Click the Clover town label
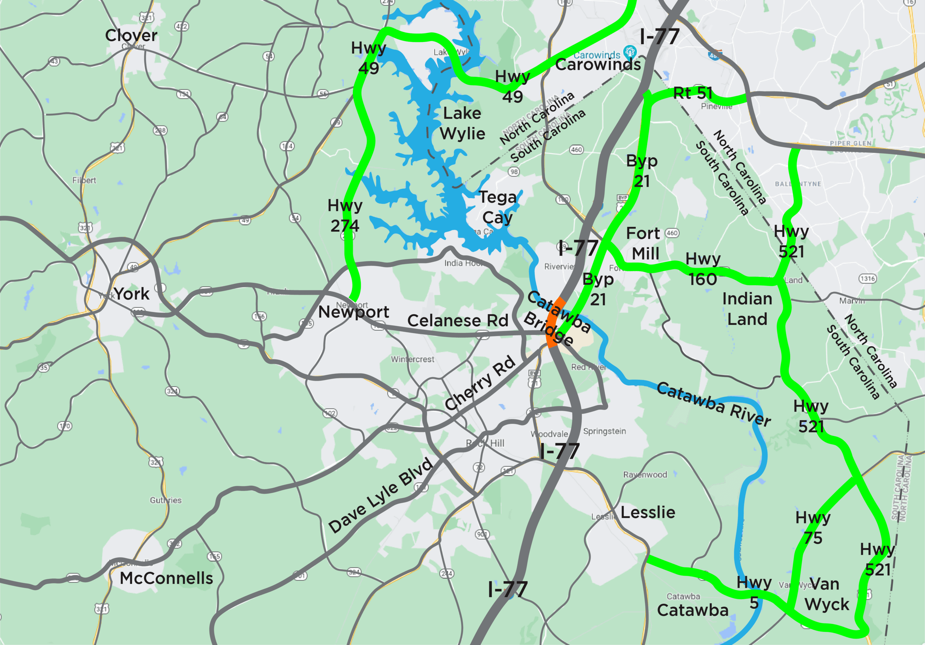(x=131, y=36)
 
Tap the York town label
(x=131, y=294)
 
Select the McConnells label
(x=166, y=578)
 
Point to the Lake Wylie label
(x=462, y=123)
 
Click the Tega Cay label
(x=498, y=207)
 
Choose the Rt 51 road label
(x=693, y=93)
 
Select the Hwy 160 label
(x=703, y=269)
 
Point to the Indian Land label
(x=747, y=309)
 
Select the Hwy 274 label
(x=345, y=215)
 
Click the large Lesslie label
(x=648, y=512)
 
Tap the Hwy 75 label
(x=813, y=527)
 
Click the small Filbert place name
(x=84, y=180)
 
